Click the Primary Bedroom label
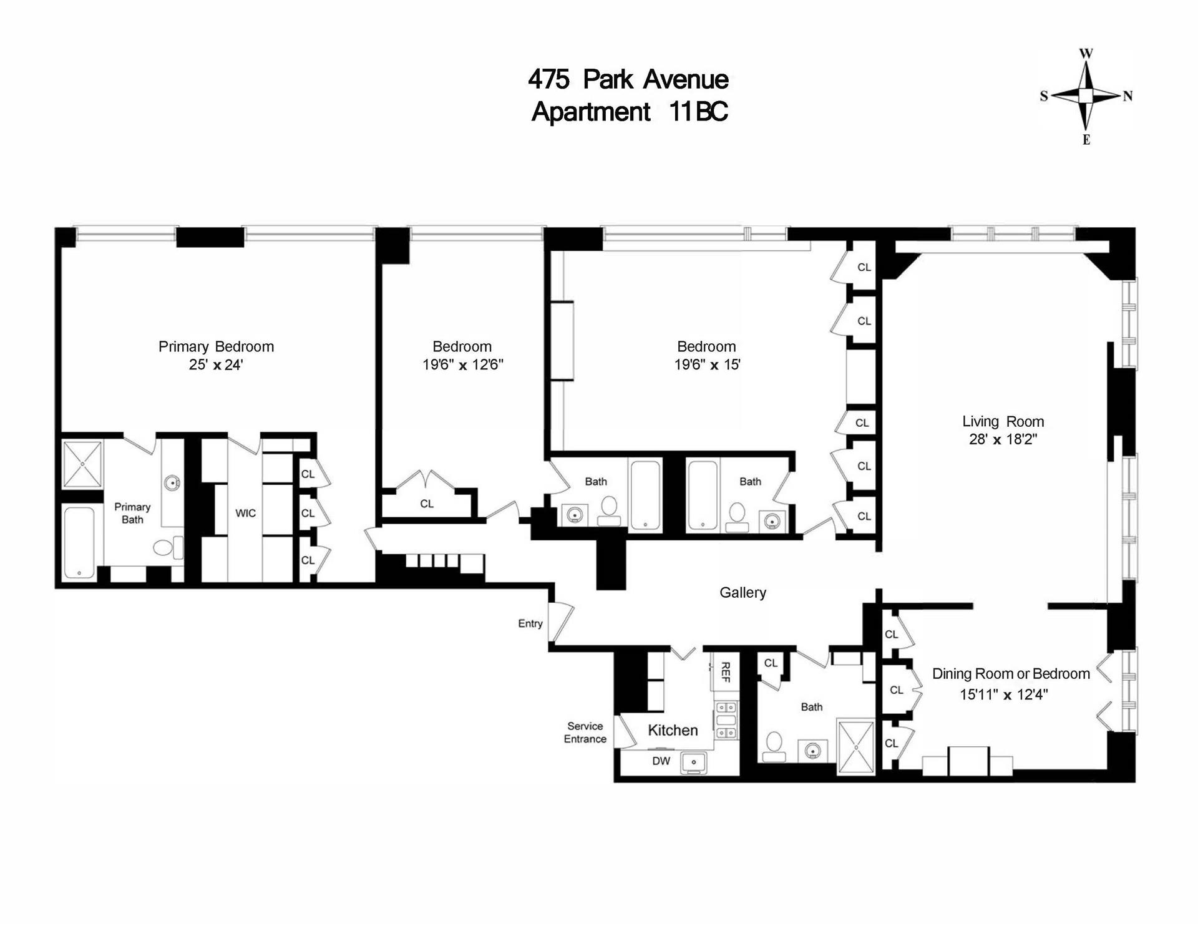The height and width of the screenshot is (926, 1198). [216, 346]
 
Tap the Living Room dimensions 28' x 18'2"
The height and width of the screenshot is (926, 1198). [1003, 439]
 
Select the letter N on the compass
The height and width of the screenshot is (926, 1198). [1127, 96]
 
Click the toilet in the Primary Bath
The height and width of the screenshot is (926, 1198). [164, 548]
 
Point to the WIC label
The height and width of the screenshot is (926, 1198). [245, 513]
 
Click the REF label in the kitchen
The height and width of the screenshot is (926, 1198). [725, 672]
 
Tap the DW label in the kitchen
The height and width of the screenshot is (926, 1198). [661, 761]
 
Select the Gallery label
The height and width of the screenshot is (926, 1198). [743, 593]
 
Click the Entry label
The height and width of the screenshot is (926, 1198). [530, 623]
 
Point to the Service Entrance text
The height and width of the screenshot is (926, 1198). [585, 733]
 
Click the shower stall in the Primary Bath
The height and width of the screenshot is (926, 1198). [82, 464]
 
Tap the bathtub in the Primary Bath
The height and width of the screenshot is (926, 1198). [79, 542]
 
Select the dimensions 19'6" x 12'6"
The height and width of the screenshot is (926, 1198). [462, 364]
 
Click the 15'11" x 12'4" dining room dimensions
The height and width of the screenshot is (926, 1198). [1003, 694]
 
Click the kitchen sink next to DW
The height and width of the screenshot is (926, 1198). [693, 762]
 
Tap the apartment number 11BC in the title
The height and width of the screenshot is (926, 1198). [698, 112]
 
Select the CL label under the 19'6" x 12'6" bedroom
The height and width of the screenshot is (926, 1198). [427, 504]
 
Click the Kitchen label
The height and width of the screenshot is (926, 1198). [673, 730]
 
